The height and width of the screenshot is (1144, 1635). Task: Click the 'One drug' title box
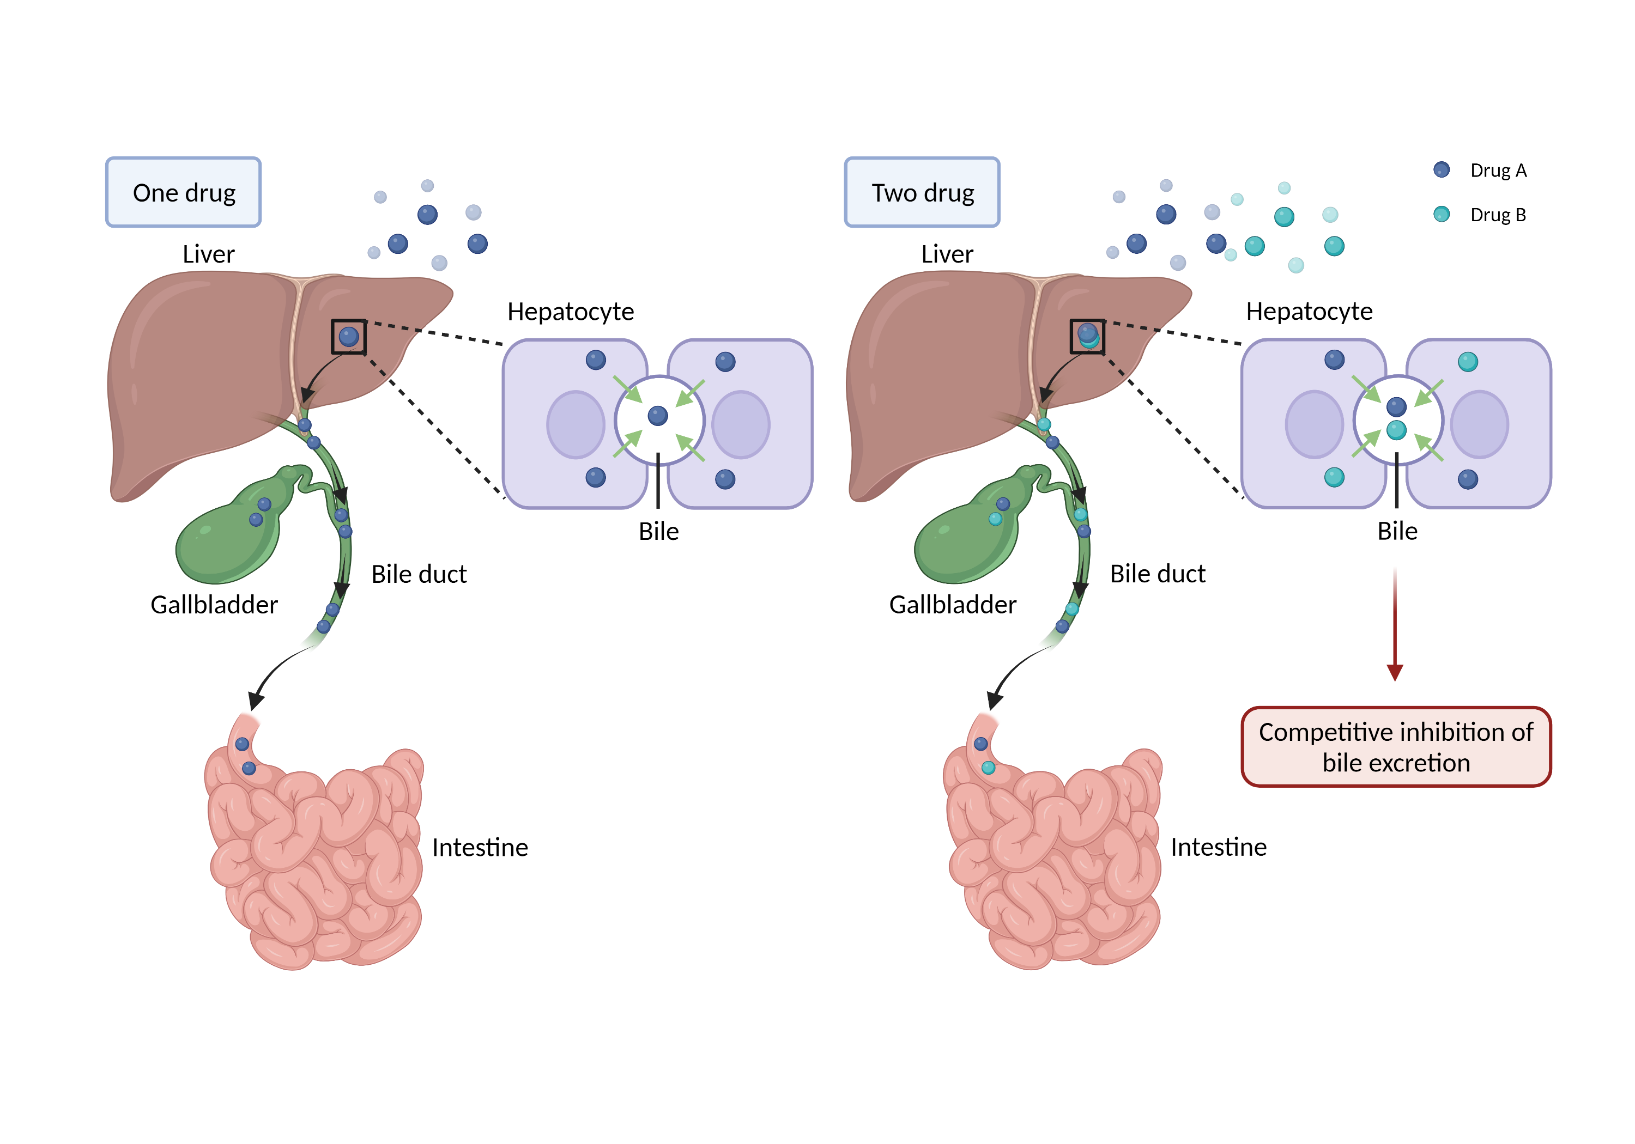(x=183, y=192)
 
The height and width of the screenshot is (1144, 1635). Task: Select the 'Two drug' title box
(x=922, y=192)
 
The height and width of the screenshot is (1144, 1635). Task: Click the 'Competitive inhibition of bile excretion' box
(x=1395, y=746)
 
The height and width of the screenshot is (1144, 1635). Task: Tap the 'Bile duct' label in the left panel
(x=419, y=574)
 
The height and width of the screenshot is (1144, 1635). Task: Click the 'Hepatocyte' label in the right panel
(x=1309, y=311)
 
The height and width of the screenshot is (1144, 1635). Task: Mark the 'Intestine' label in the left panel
(x=480, y=847)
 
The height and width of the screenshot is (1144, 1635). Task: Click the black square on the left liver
(x=348, y=337)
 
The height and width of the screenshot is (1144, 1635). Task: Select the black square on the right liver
(x=1087, y=336)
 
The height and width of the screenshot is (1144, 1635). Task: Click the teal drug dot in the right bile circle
(x=1396, y=430)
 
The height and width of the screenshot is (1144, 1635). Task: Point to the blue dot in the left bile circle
(x=657, y=415)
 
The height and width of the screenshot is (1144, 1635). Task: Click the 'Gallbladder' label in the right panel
(x=952, y=604)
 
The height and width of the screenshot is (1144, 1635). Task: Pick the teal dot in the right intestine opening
(x=988, y=768)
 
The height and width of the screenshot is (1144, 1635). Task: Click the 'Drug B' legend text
(x=1498, y=215)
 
